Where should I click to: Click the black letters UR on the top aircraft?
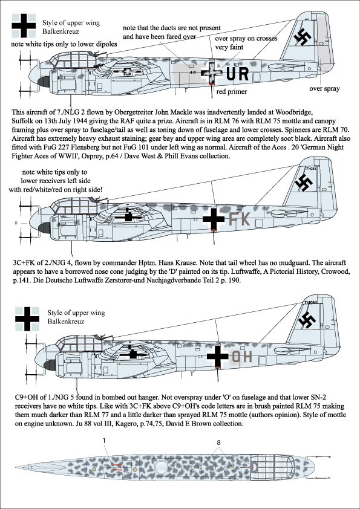tap(237, 74)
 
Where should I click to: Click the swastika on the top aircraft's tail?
tap(303, 37)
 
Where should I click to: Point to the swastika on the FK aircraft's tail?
tap(304, 182)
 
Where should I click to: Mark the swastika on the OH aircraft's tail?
tap(307, 320)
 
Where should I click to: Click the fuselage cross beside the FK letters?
tap(214, 219)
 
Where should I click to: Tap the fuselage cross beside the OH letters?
tap(217, 356)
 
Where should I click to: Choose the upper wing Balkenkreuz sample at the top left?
tap(24, 25)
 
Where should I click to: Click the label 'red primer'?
tap(231, 91)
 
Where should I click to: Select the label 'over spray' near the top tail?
tap(324, 89)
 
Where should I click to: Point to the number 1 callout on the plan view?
tap(104, 441)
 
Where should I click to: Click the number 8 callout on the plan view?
tap(218, 443)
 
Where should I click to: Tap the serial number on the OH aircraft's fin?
tap(310, 302)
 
